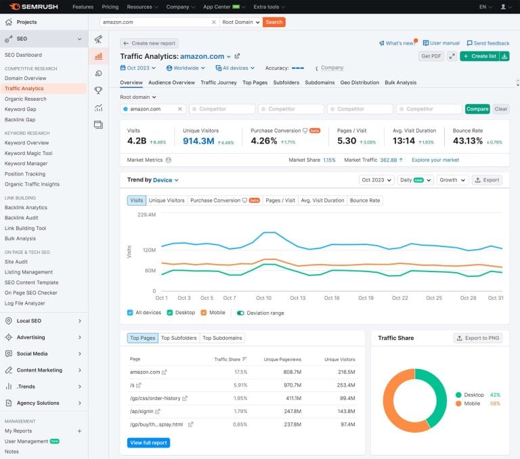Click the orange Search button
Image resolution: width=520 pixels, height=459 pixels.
(x=274, y=22)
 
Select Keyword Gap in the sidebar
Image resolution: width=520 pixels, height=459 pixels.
(x=20, y=109)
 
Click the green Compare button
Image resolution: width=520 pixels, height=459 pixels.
(x=477, y=109)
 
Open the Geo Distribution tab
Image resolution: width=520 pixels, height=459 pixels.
(x=360, y=83)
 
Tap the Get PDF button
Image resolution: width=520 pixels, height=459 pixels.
(x=431, y=56)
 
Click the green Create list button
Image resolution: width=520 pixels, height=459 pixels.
(x=479, y=56)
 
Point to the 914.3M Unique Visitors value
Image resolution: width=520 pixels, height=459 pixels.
(x=198, y=141)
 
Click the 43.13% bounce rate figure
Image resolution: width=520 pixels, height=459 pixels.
(x=467, y=141)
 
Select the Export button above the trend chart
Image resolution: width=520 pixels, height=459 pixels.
(x=487, y=180)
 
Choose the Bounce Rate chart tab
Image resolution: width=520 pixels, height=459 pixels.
(x=365, y=200)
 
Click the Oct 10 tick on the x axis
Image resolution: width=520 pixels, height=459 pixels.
(x=263, y=298)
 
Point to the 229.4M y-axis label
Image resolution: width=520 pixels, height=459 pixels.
(x=146, y=215)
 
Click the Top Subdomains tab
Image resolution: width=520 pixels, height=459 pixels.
(x=222, y=338)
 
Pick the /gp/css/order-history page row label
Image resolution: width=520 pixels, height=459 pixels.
(x=155, y=398)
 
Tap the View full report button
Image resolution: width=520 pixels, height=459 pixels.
(x=148, y=443)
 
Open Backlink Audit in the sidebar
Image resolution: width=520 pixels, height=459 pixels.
(x=21, y=218)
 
